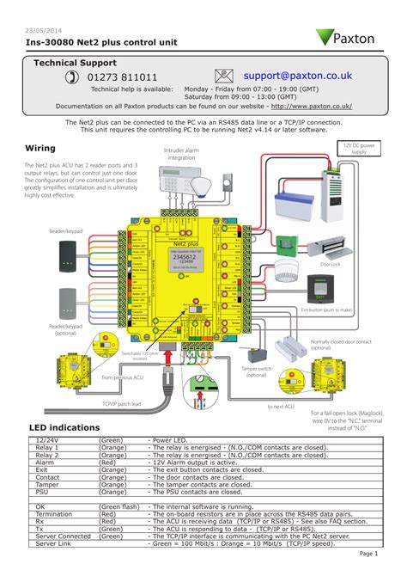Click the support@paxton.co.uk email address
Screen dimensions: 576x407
[297, 77]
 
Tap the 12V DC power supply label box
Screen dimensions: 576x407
[359, 149]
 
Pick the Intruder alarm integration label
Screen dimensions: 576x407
[181, 154]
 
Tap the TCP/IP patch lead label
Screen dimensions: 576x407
[121, 402]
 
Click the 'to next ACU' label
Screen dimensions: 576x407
[280, 406]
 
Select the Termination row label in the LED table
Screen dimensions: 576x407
[52, 514]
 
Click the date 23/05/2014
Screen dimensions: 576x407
[43, 28]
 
